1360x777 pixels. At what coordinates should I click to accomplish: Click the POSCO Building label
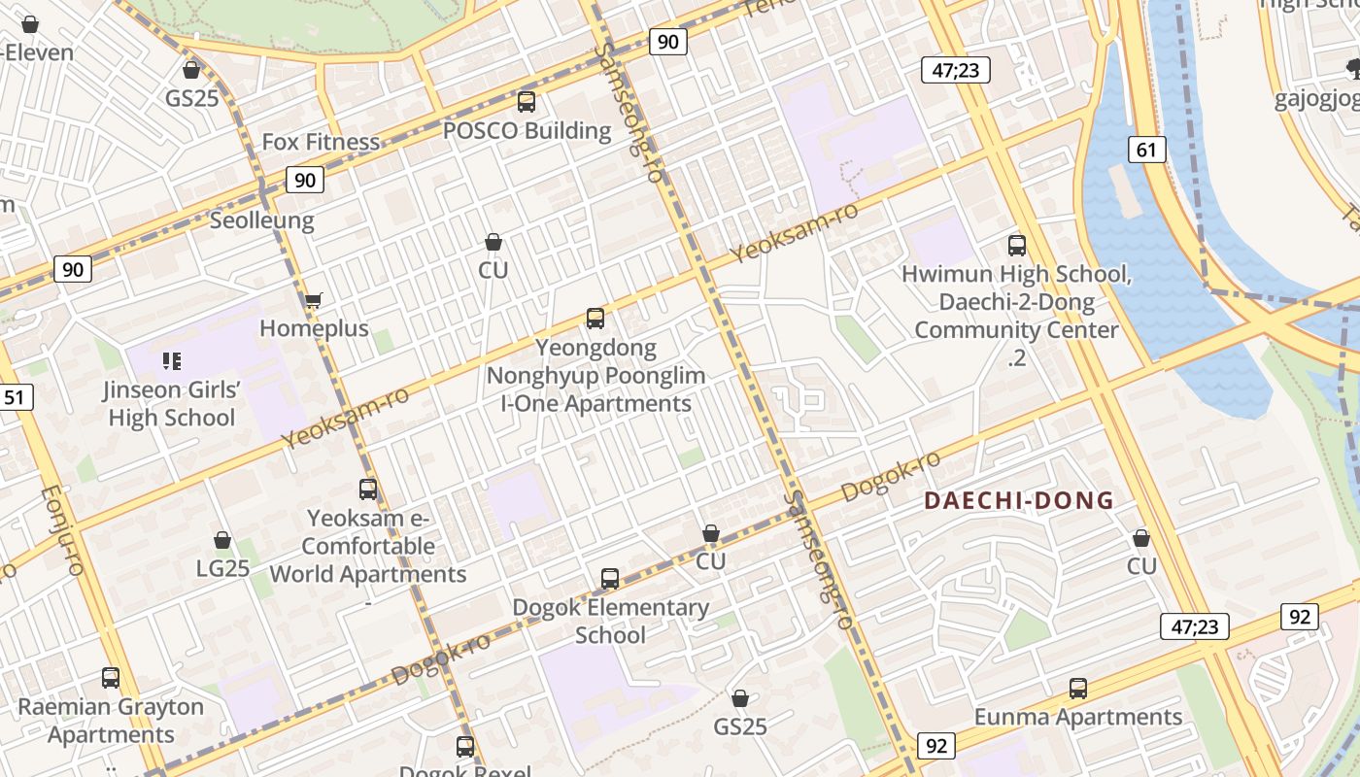(527, 130)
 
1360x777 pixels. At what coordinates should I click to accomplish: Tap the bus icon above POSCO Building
(527, 101)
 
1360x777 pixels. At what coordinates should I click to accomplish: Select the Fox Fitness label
(321, 142)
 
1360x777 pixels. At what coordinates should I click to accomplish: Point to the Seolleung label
(262, 220)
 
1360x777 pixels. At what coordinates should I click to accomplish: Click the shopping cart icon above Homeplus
(313, 300)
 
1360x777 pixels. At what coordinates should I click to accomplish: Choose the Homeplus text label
(314, 328)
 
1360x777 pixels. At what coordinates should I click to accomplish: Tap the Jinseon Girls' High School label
(171, 404)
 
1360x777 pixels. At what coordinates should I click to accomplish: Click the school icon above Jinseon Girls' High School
(172, 361)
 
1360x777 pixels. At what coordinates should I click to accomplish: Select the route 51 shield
(15, 396)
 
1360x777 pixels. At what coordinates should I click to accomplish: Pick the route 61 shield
(1146, 149)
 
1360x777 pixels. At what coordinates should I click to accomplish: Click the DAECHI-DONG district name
(1018, 501)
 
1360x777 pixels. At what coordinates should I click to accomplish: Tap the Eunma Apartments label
(1078, 717)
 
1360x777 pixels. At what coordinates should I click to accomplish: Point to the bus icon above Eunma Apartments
(1078, 689)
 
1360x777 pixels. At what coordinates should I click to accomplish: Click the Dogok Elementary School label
(610, 622)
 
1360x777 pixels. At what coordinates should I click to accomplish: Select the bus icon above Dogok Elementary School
(610, 579)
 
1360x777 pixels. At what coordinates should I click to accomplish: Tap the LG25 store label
(222, 568)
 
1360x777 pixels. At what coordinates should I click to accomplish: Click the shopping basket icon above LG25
(222, 540)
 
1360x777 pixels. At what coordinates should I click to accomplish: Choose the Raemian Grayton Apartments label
(111, 721)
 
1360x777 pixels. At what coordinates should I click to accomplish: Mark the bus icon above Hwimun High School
(1017, 246)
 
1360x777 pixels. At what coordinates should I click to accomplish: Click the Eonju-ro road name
(60, 530)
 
